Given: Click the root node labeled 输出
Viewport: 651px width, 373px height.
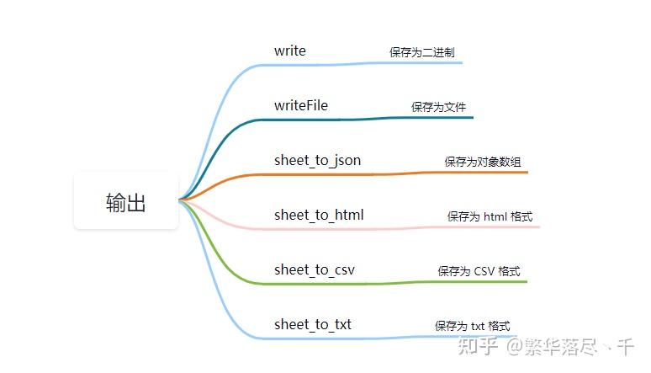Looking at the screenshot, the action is pos(126,202).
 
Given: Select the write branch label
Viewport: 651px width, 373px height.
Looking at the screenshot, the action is pos(290,51).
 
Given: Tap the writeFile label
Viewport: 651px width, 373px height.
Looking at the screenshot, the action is pos(301,106).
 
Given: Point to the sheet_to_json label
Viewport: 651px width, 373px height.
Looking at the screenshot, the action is pos(318,161).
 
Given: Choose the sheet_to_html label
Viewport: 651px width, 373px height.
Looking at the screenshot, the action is pos(319,216).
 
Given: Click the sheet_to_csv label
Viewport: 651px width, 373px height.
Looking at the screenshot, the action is pos(314,270).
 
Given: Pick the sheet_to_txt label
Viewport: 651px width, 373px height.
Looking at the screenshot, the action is pos(313,325).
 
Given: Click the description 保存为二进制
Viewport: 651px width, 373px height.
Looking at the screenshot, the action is pos(422,52).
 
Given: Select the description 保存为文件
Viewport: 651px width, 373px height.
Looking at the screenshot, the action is pos(438,107).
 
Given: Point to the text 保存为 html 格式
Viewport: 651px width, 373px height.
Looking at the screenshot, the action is pos(490,216).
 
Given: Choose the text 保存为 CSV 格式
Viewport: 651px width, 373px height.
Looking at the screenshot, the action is pos(479,271).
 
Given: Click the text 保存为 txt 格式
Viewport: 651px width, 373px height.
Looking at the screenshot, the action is pos(472,326).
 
